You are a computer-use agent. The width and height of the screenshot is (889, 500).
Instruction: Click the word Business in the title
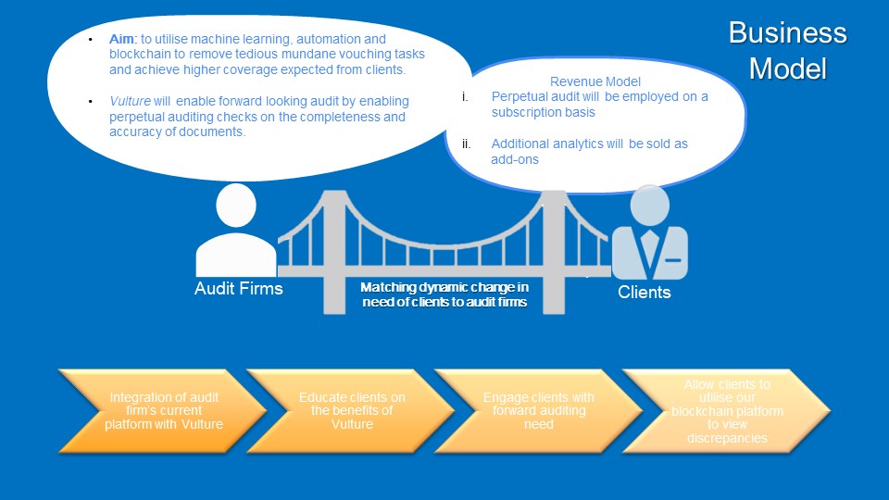[x=787, y=33]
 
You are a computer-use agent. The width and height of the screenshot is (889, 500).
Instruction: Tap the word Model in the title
[x=787, y=69]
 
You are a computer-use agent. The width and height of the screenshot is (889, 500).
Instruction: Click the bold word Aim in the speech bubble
[x=121, y=40]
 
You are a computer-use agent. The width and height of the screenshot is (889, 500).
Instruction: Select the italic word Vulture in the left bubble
[x=130, y=101]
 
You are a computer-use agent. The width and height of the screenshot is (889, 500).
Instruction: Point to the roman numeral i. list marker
[x=466, y=96]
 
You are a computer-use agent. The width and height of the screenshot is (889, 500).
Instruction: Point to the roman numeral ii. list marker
[x=467, y=144]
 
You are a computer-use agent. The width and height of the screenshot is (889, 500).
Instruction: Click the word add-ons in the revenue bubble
[x=515, y=159]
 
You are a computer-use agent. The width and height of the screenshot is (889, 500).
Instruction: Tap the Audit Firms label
[x=238, y=289]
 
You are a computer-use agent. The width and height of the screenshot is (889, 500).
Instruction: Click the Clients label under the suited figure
[x=645, y=293]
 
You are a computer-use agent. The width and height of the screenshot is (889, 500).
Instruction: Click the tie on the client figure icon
[x=650, y=247]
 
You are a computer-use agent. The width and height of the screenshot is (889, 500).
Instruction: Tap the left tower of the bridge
[x=335, y=250]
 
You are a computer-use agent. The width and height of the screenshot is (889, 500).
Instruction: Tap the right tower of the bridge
[x=553, y=250]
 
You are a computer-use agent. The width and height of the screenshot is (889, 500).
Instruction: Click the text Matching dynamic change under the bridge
[x=444, y=288]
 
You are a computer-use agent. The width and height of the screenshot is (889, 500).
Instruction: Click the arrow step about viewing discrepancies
[x=727, y=410]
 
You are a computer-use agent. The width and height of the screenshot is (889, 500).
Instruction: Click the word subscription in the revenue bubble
[x=532, y=112]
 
